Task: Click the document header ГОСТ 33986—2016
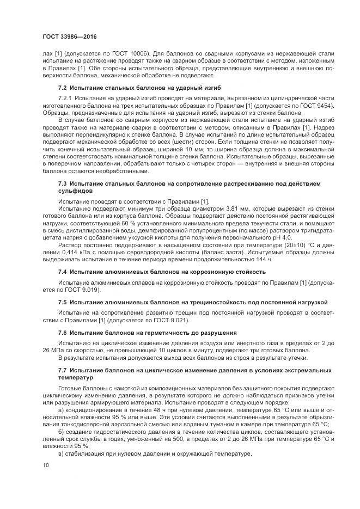tap(66, 36)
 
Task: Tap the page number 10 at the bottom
tap(45, 465)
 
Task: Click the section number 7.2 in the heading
tap(63, 88)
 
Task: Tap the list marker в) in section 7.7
tap(61, 455)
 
